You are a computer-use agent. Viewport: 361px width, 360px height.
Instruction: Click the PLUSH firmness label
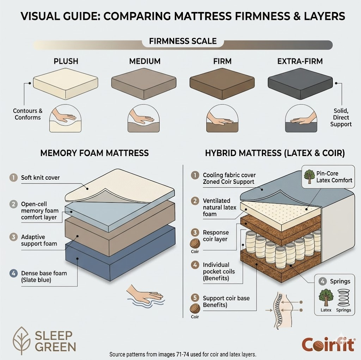[66, 61]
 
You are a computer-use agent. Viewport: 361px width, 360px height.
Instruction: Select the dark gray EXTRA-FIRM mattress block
[300, 84]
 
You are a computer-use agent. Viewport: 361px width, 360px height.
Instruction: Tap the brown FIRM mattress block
[222, 84]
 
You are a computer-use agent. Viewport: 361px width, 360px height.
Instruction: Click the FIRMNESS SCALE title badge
[183, 41]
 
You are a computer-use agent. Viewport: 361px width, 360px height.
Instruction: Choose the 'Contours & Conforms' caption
[27, 114]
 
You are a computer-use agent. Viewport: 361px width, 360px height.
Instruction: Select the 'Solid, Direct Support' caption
[341, 117]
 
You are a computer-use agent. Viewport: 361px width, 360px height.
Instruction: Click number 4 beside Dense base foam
[14, 273]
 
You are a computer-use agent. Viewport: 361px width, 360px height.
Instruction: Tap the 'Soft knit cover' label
[40, 178]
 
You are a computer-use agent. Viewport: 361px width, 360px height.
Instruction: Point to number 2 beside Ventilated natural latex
[195, 201]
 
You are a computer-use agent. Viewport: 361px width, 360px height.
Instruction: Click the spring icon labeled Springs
[343, 298]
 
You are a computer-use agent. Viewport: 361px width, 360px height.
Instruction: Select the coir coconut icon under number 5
[195, 309]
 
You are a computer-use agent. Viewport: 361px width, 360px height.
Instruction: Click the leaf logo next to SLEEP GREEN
[22, 340]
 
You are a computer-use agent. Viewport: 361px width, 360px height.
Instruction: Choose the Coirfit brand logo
[329, 345]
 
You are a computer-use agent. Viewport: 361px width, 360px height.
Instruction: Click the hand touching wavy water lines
[146, 296]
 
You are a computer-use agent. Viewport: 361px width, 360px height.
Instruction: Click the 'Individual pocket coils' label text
[219, 268]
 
